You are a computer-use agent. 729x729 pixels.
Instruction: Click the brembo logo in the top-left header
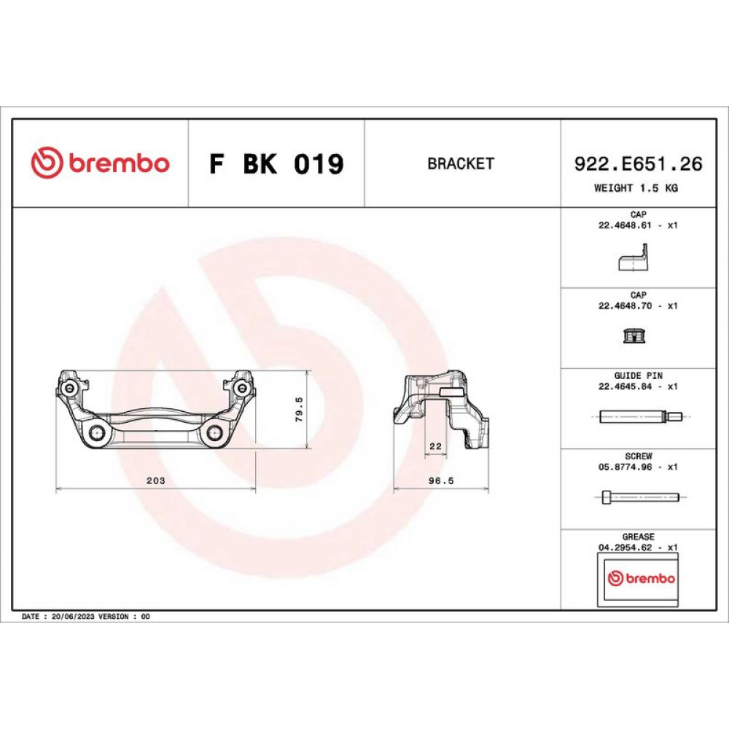tap(100, 163)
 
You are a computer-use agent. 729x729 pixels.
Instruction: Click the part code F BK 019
tap(276, 163)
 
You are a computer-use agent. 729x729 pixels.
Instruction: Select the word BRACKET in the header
tap(461, 163)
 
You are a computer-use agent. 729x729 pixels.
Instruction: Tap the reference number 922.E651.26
tap(639, 163)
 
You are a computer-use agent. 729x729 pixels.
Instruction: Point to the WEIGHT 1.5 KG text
tap(636, 188)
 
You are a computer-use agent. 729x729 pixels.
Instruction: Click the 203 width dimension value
tap(156, 480)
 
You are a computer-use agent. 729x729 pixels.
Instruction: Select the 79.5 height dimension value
tap(300, 410)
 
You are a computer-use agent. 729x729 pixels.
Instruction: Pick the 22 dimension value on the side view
tap(436, 446)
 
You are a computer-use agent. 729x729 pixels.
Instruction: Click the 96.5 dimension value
tap(441, 480)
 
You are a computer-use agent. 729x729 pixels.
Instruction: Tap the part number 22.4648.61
tap(625, 225)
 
